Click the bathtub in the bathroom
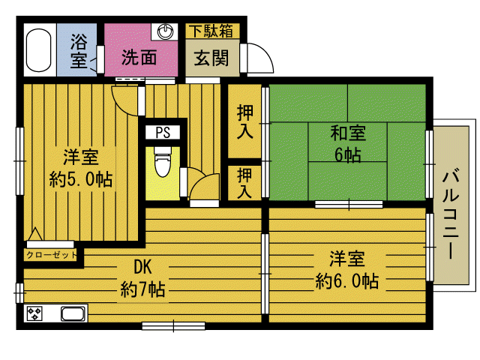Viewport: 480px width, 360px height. tap(38, 50)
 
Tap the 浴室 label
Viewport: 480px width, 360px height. tap(79, 50)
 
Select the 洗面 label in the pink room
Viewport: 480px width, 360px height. tap(139, 57)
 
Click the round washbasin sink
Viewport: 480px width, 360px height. tap(165, 31)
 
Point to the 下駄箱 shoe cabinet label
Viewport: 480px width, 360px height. tap(211, 31)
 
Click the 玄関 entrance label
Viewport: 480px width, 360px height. tap(211, 58)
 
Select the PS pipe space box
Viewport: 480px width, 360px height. tap(163, 133)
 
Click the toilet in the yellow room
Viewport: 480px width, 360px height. tap(163, 162)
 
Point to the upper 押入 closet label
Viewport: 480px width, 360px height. tap(245, 121)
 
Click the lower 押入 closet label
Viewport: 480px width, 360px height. tap(244, 183)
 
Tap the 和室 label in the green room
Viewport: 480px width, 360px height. tap(348, 133)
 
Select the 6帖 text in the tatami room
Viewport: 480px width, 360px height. tap(348, 155)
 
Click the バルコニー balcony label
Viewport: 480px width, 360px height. tap(451, 215)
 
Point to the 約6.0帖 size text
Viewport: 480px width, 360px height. tap(347, 281)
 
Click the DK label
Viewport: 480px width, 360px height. tap(142, 267)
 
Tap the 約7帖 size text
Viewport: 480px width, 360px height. tap(143, 289)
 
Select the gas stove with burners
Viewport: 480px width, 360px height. tap(34, 313)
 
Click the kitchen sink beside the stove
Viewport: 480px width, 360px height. tap(73, 313)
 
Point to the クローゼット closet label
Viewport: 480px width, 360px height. tap(51, 255)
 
